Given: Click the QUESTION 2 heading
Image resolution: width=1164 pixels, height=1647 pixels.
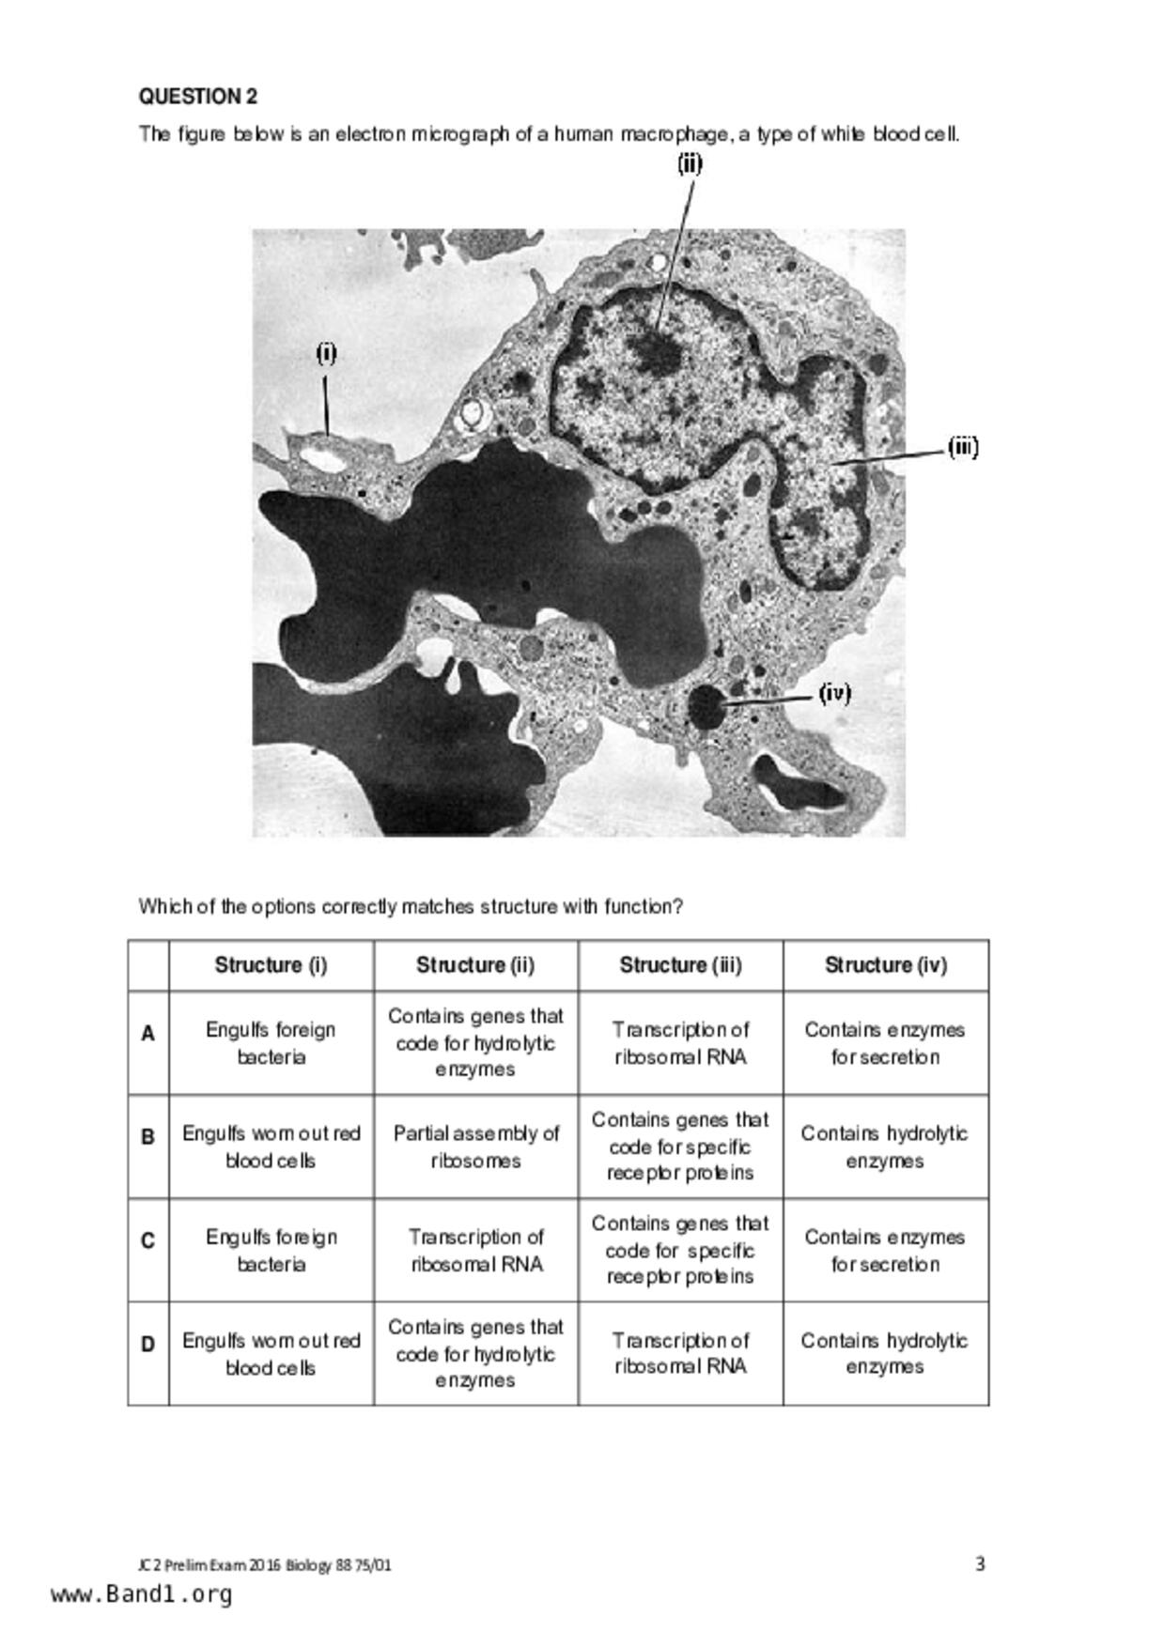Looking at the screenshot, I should [198, 97].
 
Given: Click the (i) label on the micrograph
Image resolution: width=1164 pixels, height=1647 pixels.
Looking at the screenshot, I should [326, 353].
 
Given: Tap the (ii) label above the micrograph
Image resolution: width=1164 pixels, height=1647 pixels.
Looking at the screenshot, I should [690, 163].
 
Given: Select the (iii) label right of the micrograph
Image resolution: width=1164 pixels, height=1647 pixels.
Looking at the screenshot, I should [963, 447].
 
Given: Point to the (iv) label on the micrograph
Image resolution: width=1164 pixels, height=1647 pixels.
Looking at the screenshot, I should [834, 693].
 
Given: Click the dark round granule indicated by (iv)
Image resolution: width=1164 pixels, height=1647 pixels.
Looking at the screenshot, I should [706, 706].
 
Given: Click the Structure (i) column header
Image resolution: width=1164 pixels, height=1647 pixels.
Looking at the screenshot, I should [271, 965].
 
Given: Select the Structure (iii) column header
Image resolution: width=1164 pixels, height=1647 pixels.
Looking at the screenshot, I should [680, 965].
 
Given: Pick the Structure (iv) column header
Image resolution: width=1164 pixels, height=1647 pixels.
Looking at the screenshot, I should [885, 965].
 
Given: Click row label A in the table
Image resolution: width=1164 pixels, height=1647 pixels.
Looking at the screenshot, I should [147, 1034].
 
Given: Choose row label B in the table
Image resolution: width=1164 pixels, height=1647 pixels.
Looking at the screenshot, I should [147, 1137].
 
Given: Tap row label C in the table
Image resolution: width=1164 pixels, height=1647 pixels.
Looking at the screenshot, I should [147, 1241].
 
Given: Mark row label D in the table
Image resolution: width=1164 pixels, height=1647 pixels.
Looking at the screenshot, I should [147, 1345].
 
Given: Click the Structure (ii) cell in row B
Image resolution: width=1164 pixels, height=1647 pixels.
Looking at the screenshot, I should [475, 1147].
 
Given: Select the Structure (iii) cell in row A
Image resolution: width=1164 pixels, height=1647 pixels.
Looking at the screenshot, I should [680, 1043].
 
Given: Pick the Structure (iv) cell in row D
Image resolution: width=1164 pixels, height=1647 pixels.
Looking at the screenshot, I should [885, 1353].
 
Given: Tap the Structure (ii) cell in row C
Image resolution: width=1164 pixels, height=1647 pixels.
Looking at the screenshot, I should [475, 1250].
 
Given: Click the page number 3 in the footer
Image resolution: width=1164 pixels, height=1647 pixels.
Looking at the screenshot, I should [980, 1563].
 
